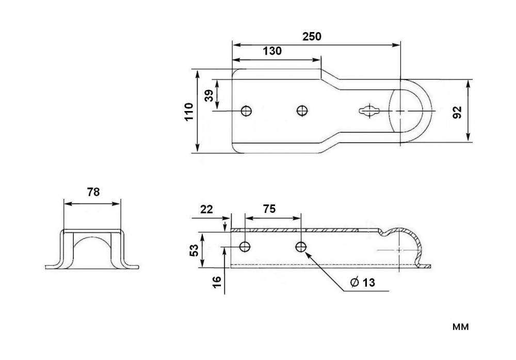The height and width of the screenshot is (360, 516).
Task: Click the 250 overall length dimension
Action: [312, 36]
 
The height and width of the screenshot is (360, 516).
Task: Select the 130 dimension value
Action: [272, 51]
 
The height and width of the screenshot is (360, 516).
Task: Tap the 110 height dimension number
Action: [188, 112]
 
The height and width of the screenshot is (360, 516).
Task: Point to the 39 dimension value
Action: [209, 96]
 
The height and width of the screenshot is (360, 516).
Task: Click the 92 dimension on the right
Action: [457, 112]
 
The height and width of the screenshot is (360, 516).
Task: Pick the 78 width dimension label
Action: [93, 192]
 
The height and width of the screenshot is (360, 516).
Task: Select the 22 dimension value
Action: [206, 209]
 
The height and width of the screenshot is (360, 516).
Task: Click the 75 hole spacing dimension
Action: [269, 209]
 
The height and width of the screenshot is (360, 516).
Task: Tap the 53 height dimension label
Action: [194, 251]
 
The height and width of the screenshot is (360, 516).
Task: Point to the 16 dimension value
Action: [217, 282]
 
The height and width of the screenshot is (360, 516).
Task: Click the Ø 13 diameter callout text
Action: [363, 283]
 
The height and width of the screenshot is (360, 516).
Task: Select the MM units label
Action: [460, 327]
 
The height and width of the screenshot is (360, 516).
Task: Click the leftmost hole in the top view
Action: [246, 111]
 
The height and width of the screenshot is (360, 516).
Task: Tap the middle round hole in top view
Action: [302, 111]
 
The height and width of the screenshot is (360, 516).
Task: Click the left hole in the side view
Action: [245, 246]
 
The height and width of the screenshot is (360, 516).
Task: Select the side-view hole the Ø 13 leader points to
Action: [300, 246]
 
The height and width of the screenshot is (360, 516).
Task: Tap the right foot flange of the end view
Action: [131, 267]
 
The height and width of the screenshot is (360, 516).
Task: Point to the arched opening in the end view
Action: [92, 238]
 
